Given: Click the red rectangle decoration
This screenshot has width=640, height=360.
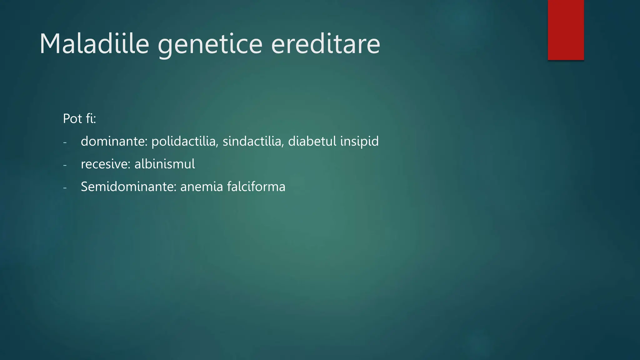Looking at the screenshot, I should pyautogui.click(x=566, y=30).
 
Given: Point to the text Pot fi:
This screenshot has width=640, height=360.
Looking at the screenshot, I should pyautogui.click(x=79, y=118).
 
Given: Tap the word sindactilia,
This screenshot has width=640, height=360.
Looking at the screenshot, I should pyautogui.click(x=253, y=141).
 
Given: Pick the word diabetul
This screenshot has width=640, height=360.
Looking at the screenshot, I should pyautogui.click(x=312, y=141).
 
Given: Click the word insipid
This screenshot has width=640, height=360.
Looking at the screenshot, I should pyautogui.click(x=359, y=142).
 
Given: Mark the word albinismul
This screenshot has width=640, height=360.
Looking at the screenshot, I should pyautogui.click(x=165, y=164).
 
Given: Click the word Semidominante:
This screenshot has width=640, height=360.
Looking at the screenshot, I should pyautogui.click(x=129, y=187).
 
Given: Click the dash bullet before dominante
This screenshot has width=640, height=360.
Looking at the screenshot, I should pyautogui.click(x=65, y=142).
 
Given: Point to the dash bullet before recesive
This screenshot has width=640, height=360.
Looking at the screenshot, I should pyautogui.click(x=65, y=165).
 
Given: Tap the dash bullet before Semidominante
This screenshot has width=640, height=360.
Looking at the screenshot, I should pyautogui.click(x=65, y=188).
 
